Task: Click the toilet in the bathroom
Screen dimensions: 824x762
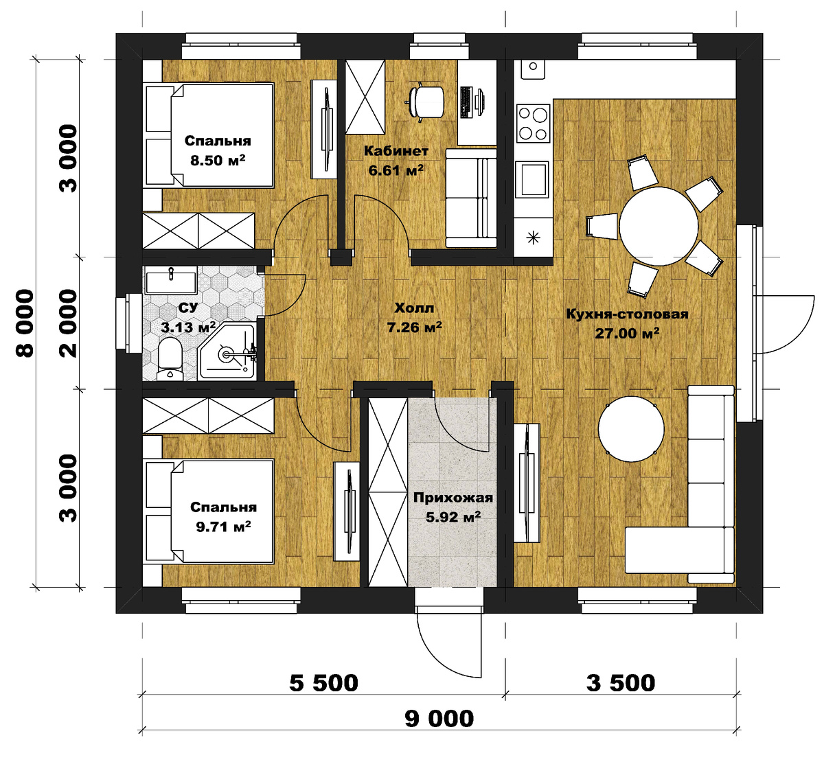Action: point(170,359)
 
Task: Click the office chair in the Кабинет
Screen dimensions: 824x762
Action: point(426,102)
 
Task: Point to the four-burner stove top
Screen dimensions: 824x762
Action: point(533,123)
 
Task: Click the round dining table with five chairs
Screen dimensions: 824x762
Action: point(659,227)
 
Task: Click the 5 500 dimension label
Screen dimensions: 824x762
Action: point(323,683)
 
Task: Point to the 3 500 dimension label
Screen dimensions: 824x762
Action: point(621,683)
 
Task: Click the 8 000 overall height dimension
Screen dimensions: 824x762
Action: point(25,323)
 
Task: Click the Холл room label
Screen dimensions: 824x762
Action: point(414,308)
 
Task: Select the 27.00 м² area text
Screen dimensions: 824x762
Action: point(627,333)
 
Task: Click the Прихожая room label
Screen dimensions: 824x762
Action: point(453,498)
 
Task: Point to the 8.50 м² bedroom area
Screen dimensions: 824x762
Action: point(218,160)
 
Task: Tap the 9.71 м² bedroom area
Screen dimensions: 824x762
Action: point(223,527)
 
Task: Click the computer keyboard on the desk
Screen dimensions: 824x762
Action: point(466,102)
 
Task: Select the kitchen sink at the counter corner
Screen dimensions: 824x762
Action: point(533,69)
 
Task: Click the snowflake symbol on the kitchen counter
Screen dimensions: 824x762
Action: point(533,238)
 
